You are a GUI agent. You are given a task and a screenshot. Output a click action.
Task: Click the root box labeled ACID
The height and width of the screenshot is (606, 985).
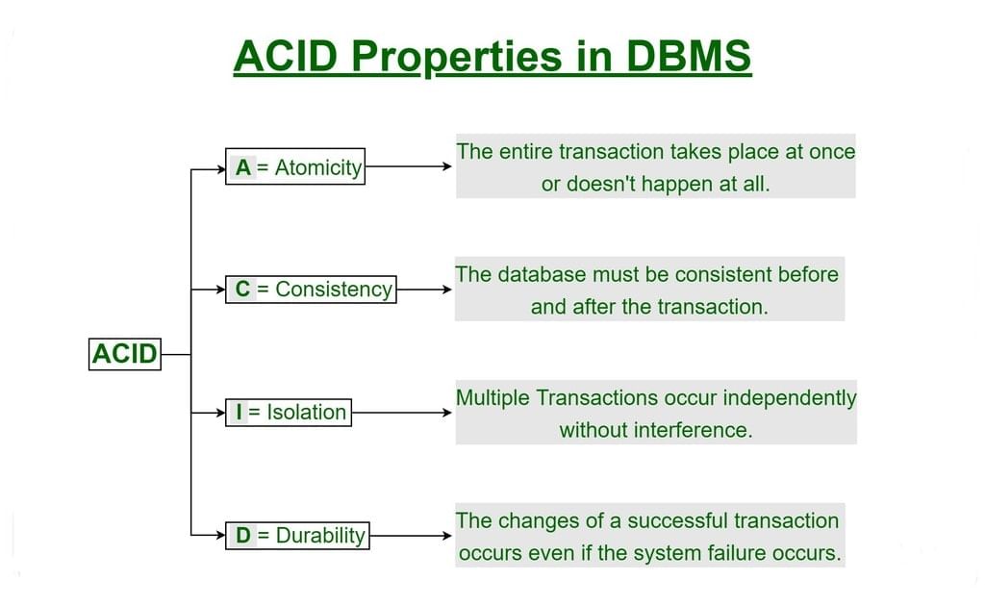(124, 354)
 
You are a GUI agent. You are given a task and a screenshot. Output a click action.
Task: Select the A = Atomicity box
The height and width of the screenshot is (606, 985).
(295, 167)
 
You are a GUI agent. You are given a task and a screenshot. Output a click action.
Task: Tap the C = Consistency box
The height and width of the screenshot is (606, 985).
(311, 290)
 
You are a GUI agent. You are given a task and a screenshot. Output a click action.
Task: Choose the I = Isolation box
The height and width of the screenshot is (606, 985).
(288, 413)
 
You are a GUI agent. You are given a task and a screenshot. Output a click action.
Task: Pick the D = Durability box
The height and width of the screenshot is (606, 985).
(297, 536)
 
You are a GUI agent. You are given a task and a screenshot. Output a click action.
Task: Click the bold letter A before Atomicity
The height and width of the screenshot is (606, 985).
(242, 167)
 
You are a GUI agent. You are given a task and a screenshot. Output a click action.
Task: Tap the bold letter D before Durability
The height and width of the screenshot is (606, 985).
(243, 536)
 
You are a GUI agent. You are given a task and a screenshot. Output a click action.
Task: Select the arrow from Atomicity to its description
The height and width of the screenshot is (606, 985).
(408, 166)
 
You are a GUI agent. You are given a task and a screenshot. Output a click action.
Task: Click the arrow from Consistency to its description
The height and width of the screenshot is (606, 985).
(423, 289)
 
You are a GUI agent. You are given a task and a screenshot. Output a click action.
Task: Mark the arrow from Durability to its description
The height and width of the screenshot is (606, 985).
(411, 536)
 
